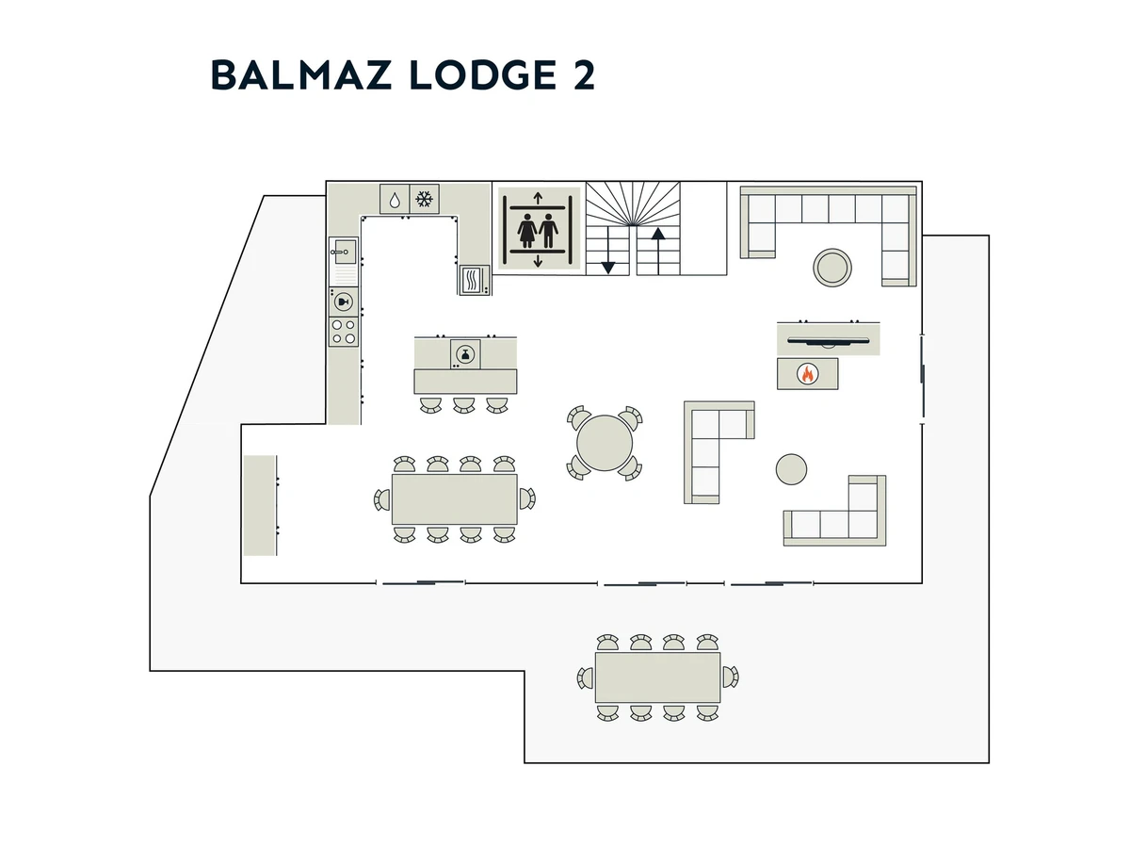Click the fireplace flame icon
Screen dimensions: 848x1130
pos(807,374)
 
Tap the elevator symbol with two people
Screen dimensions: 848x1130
pos(538,229)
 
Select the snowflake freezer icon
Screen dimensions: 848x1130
pos(425,199)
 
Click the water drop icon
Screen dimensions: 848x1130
pos(395,200)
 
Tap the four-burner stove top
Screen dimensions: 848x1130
pos(343,332)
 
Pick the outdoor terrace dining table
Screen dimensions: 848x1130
pos(657,677)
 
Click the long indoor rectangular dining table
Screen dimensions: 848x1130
pos(454,498)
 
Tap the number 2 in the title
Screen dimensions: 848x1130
pos(583,75)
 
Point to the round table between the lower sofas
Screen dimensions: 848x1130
pos(791,468)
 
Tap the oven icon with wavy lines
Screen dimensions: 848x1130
pos(474,280)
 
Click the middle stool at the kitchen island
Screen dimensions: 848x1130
pos(463,404)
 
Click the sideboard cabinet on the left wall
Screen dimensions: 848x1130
pos(260,505)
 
